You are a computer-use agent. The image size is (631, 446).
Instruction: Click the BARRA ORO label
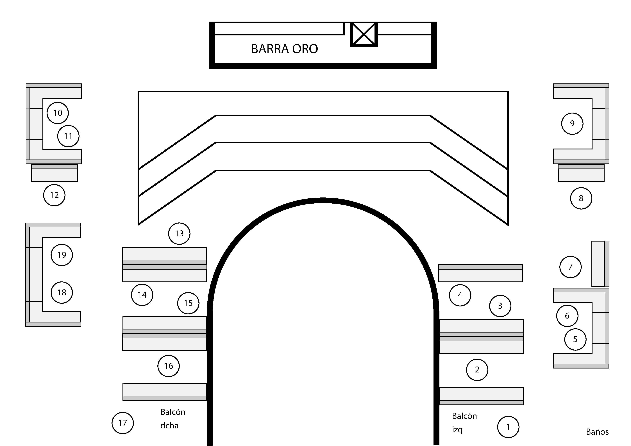tap(284, 49)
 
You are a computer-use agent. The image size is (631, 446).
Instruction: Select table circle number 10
tap(58, 113)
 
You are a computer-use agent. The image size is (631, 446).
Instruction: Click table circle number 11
tap(68, 136)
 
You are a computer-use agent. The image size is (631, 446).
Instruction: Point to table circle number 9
tap(572, 123)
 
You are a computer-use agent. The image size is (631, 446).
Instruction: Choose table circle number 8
tap(581, 198)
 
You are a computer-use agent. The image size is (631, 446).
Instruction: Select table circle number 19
tap(62, 255)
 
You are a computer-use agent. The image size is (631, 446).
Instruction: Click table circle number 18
tap(62, 292)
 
